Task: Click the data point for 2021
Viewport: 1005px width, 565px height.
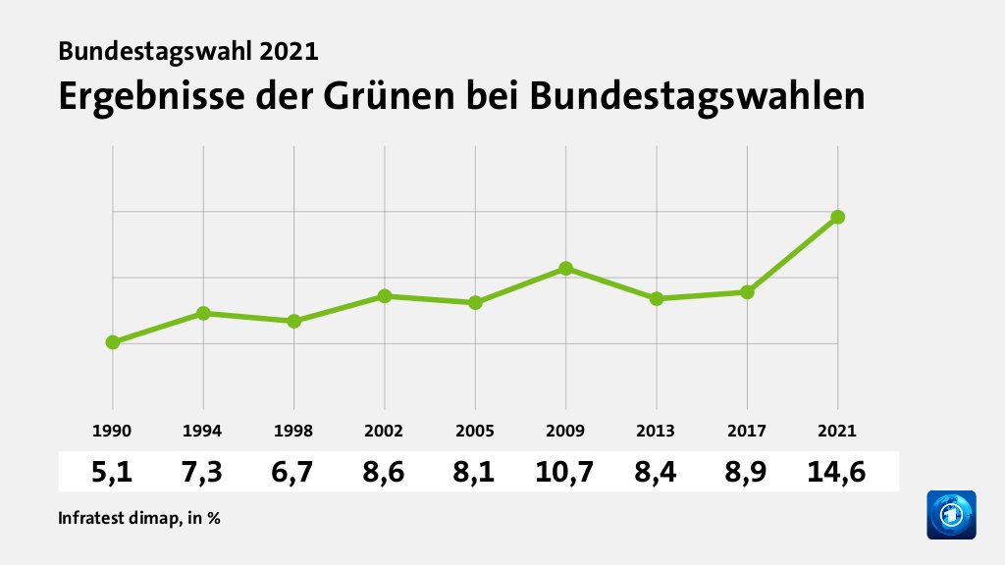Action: point(838,217)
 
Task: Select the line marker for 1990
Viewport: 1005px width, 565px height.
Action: point(113,341)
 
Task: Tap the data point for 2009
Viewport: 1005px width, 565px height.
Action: point(566,268)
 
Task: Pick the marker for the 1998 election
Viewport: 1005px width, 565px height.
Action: point(293,321)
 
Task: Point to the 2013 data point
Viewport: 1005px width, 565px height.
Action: point(657,298)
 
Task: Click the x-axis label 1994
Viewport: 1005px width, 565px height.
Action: point(203,431)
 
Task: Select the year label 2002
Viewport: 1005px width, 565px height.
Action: point(385,431)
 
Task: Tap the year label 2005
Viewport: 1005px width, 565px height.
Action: point(475,431)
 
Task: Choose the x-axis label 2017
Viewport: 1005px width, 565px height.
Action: point(747,431)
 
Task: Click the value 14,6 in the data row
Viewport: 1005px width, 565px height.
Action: point(837,473)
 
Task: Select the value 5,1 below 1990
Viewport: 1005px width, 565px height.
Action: point(113,473)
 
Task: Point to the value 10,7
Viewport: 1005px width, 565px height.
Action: point(565,473)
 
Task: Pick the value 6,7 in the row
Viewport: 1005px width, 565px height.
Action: point(293,473)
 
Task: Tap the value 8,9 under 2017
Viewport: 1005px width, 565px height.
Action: point(747,473)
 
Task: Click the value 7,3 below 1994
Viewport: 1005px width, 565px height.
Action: point(203,473)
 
